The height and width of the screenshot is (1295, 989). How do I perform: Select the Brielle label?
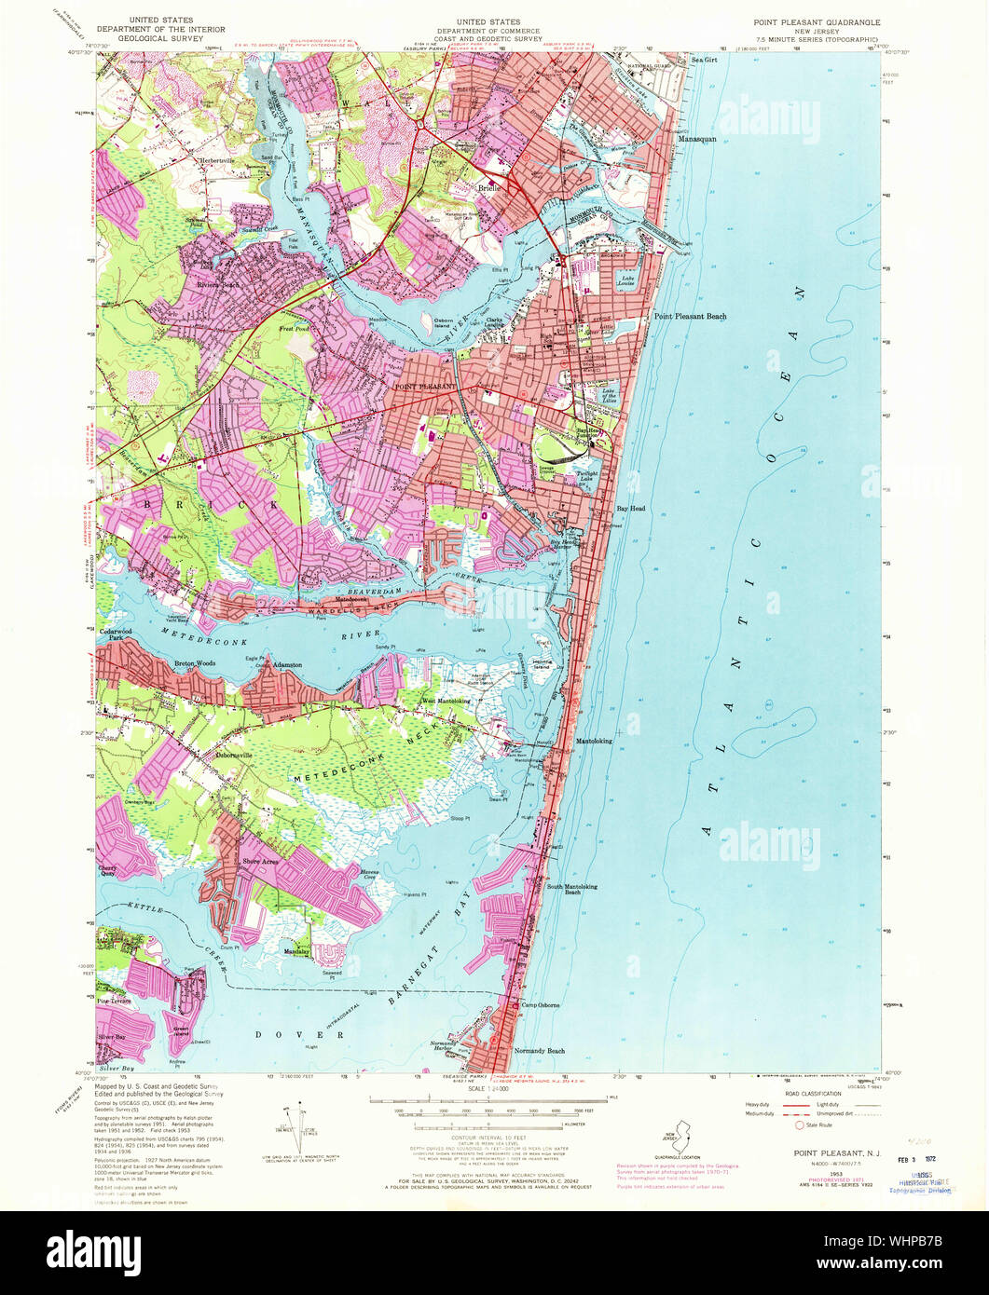(x=490, y=187)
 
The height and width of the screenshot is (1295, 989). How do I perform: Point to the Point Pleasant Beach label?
(x=690, y=317)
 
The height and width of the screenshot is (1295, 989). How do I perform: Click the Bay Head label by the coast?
(x=630, y=510)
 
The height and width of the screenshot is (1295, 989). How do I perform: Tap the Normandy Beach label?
(x=542, y=1051)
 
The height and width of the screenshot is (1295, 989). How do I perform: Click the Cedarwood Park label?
(x=117, y=634)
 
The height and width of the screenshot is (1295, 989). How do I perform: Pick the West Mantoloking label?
(x=447, y=702)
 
